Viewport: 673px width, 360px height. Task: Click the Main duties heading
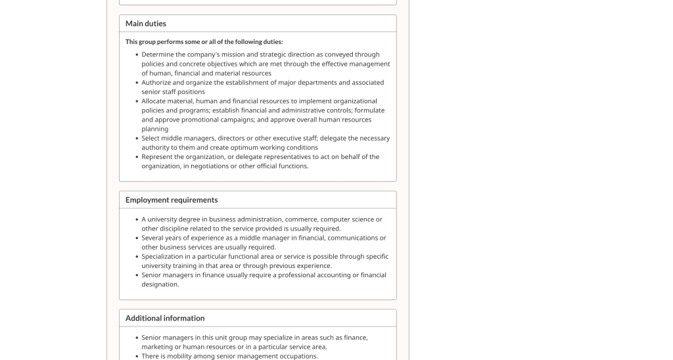point(145,24)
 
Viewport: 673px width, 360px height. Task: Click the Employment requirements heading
point(172,200)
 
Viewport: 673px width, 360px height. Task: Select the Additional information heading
point(165,318)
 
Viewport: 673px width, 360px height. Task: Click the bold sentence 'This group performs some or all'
point(204,42)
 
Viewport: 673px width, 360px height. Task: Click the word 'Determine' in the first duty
point(158,55)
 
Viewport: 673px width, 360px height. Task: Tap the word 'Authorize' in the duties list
point(157,83)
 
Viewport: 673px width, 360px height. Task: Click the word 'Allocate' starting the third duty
point(155,101)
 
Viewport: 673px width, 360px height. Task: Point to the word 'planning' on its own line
point(155,129)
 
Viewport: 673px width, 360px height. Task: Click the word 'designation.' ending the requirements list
point(160,284)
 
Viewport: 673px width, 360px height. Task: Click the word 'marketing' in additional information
point(157,347)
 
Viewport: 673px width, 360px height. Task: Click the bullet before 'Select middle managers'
point(136,139)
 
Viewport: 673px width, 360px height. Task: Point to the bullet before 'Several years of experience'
point(136,238)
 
